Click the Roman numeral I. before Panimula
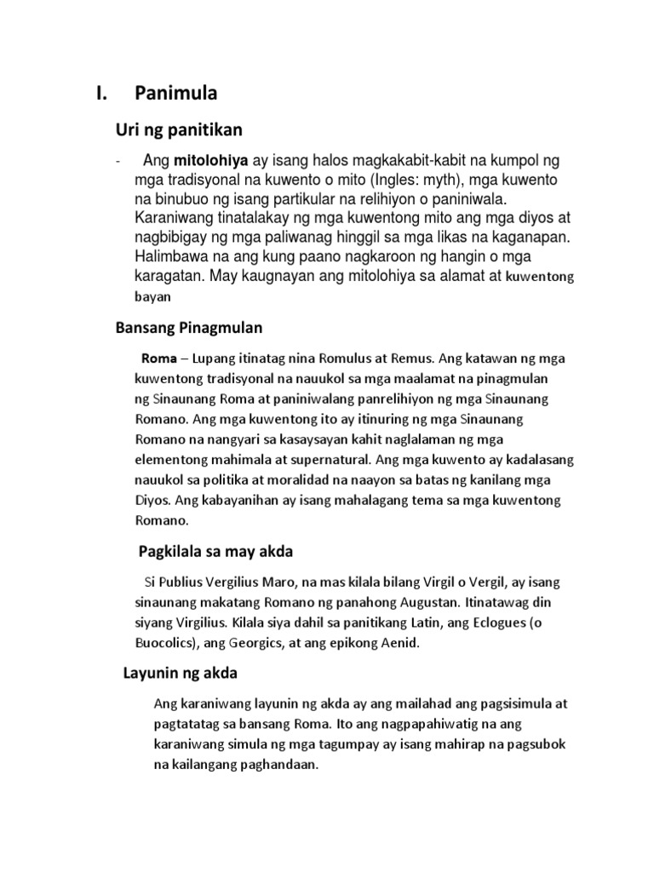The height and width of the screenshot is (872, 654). coord(103,94)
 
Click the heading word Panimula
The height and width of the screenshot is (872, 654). coord(181,94)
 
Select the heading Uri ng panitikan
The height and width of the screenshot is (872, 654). coord(179,129)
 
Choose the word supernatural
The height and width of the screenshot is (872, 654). coord(324,460)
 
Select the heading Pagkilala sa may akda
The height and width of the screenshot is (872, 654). coord(215,552)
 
